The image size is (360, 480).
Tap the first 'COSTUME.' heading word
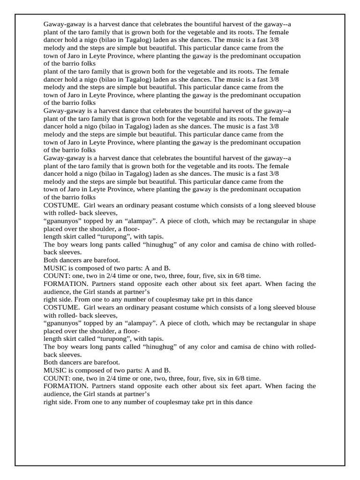(x=59, y=205)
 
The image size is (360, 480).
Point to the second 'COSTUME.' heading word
(x=59, y=307)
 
